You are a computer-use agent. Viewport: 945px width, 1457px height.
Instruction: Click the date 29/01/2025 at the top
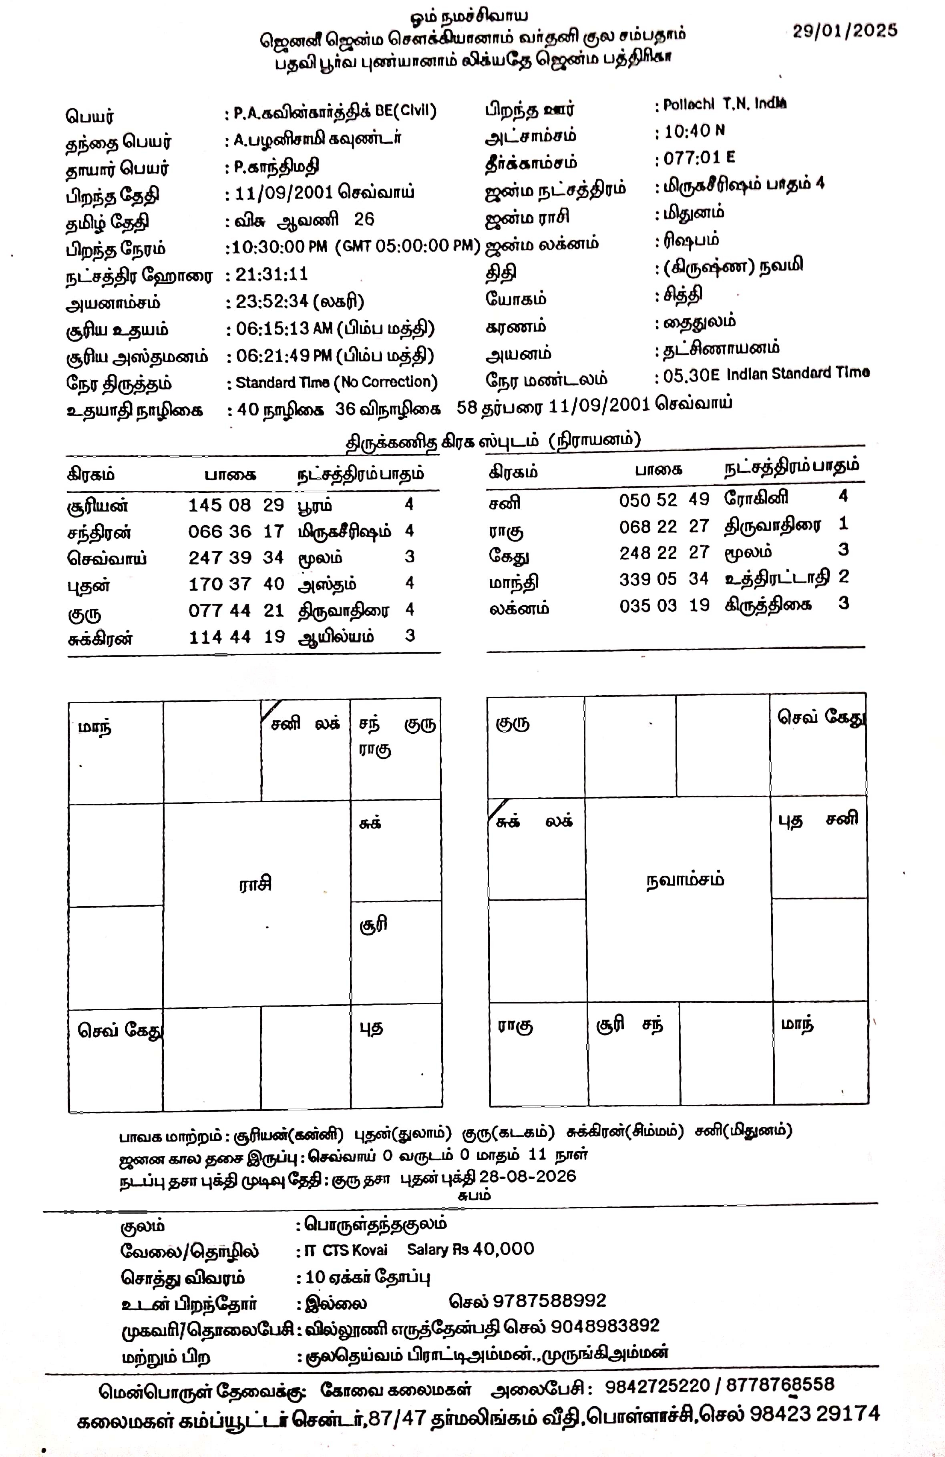click(x=844, y=30)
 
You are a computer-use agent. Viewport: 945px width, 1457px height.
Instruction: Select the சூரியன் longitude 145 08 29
click(x=236, y=505)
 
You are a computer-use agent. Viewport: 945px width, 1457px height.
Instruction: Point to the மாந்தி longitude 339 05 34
click(x=664, y=578)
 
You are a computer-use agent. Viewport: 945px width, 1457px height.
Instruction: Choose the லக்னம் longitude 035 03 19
click(x=664, y=606)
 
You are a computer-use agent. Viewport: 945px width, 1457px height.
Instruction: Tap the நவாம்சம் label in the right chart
click(x=685, y=880)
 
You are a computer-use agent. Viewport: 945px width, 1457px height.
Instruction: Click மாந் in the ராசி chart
click(x=95, y=728)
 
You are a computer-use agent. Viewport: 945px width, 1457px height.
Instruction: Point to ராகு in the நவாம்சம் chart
click(x=515, y=1026)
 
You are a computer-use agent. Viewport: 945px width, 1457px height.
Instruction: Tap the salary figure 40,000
click(x=503, y=1249)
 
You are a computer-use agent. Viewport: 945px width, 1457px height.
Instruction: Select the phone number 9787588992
click(x=549, y=1300)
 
